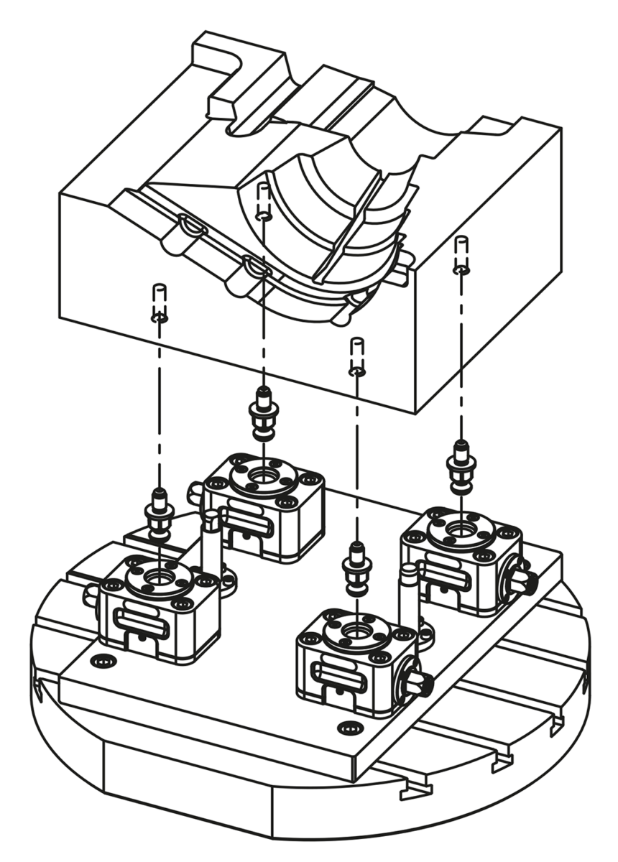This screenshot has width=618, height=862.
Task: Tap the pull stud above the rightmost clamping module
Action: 461,463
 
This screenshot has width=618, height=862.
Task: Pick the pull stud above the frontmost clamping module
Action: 356,565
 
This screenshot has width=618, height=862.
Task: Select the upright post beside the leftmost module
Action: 211,546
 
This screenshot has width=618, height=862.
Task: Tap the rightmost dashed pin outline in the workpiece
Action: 461,255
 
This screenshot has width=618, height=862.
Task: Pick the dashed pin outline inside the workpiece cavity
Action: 264,201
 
